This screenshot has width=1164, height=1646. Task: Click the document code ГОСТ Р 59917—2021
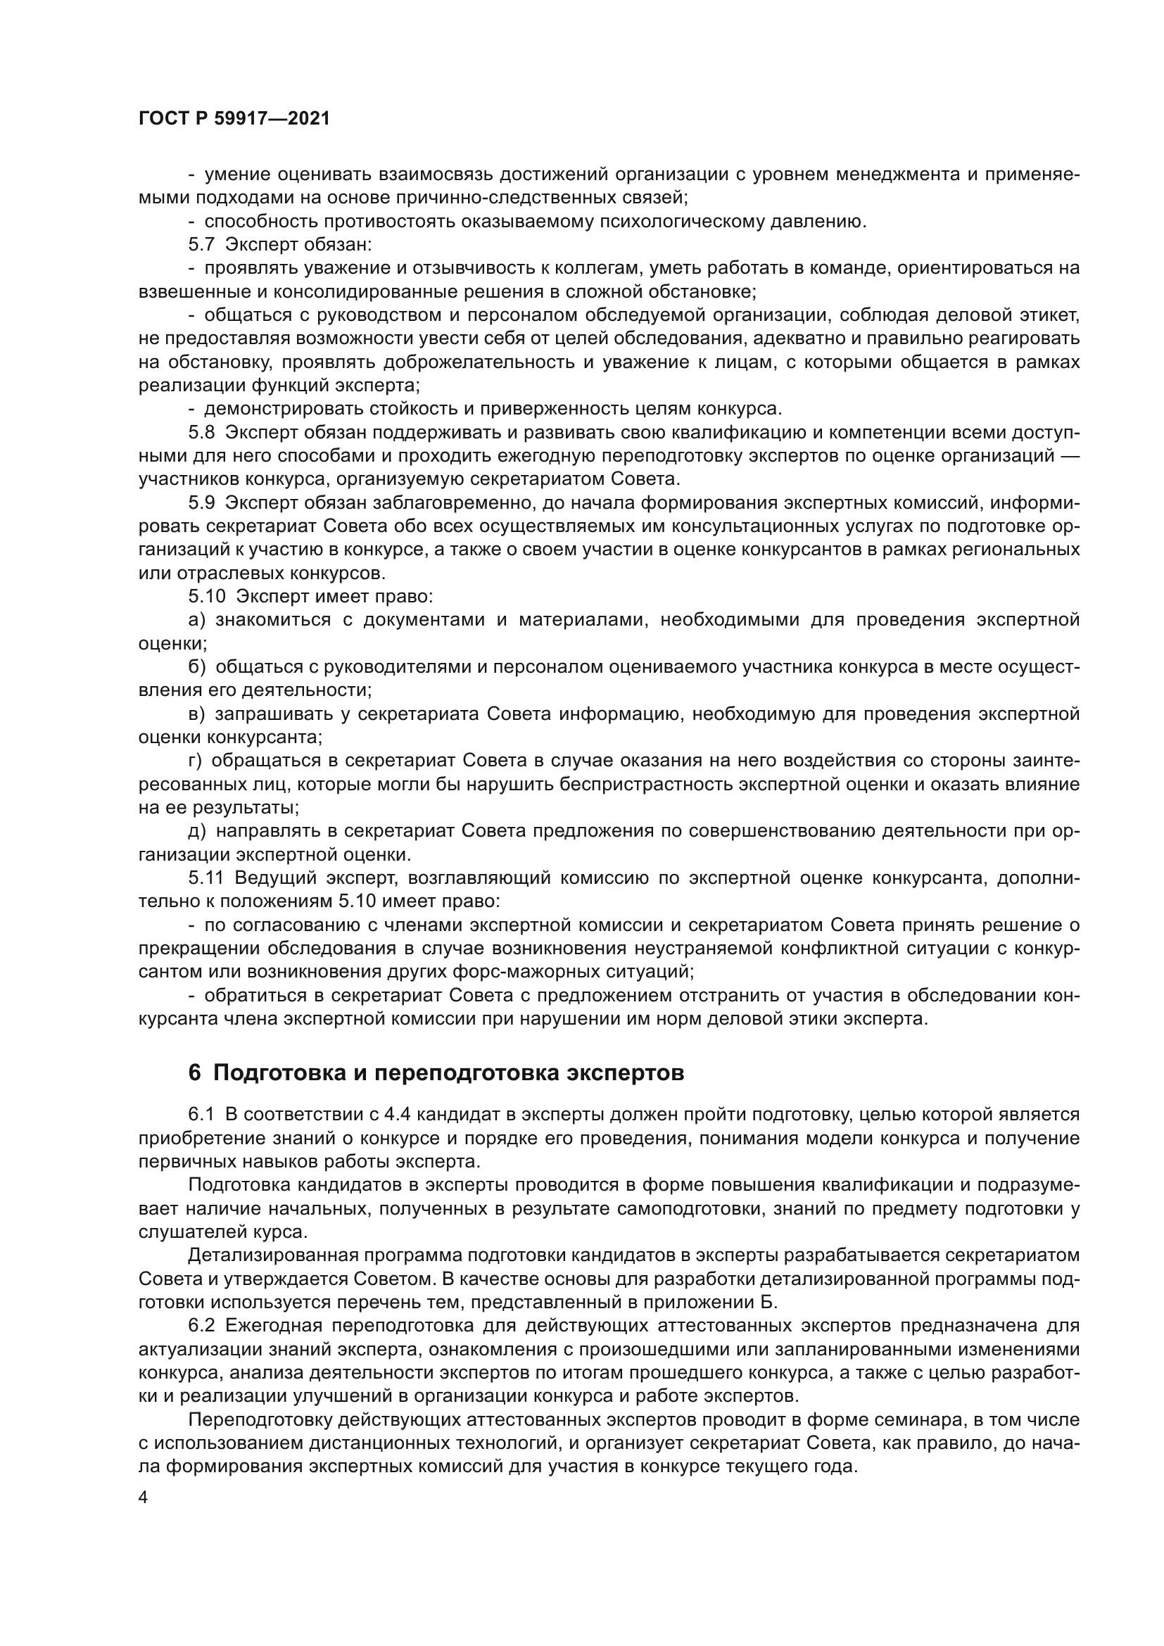(x=234, y=119)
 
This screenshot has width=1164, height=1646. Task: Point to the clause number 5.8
(x=201, y=433)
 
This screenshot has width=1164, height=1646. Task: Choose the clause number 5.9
(x=201, y=503)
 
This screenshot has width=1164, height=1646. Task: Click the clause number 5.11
(x=206, y=878)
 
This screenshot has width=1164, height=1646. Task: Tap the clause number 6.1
(x=201, y=1114)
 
